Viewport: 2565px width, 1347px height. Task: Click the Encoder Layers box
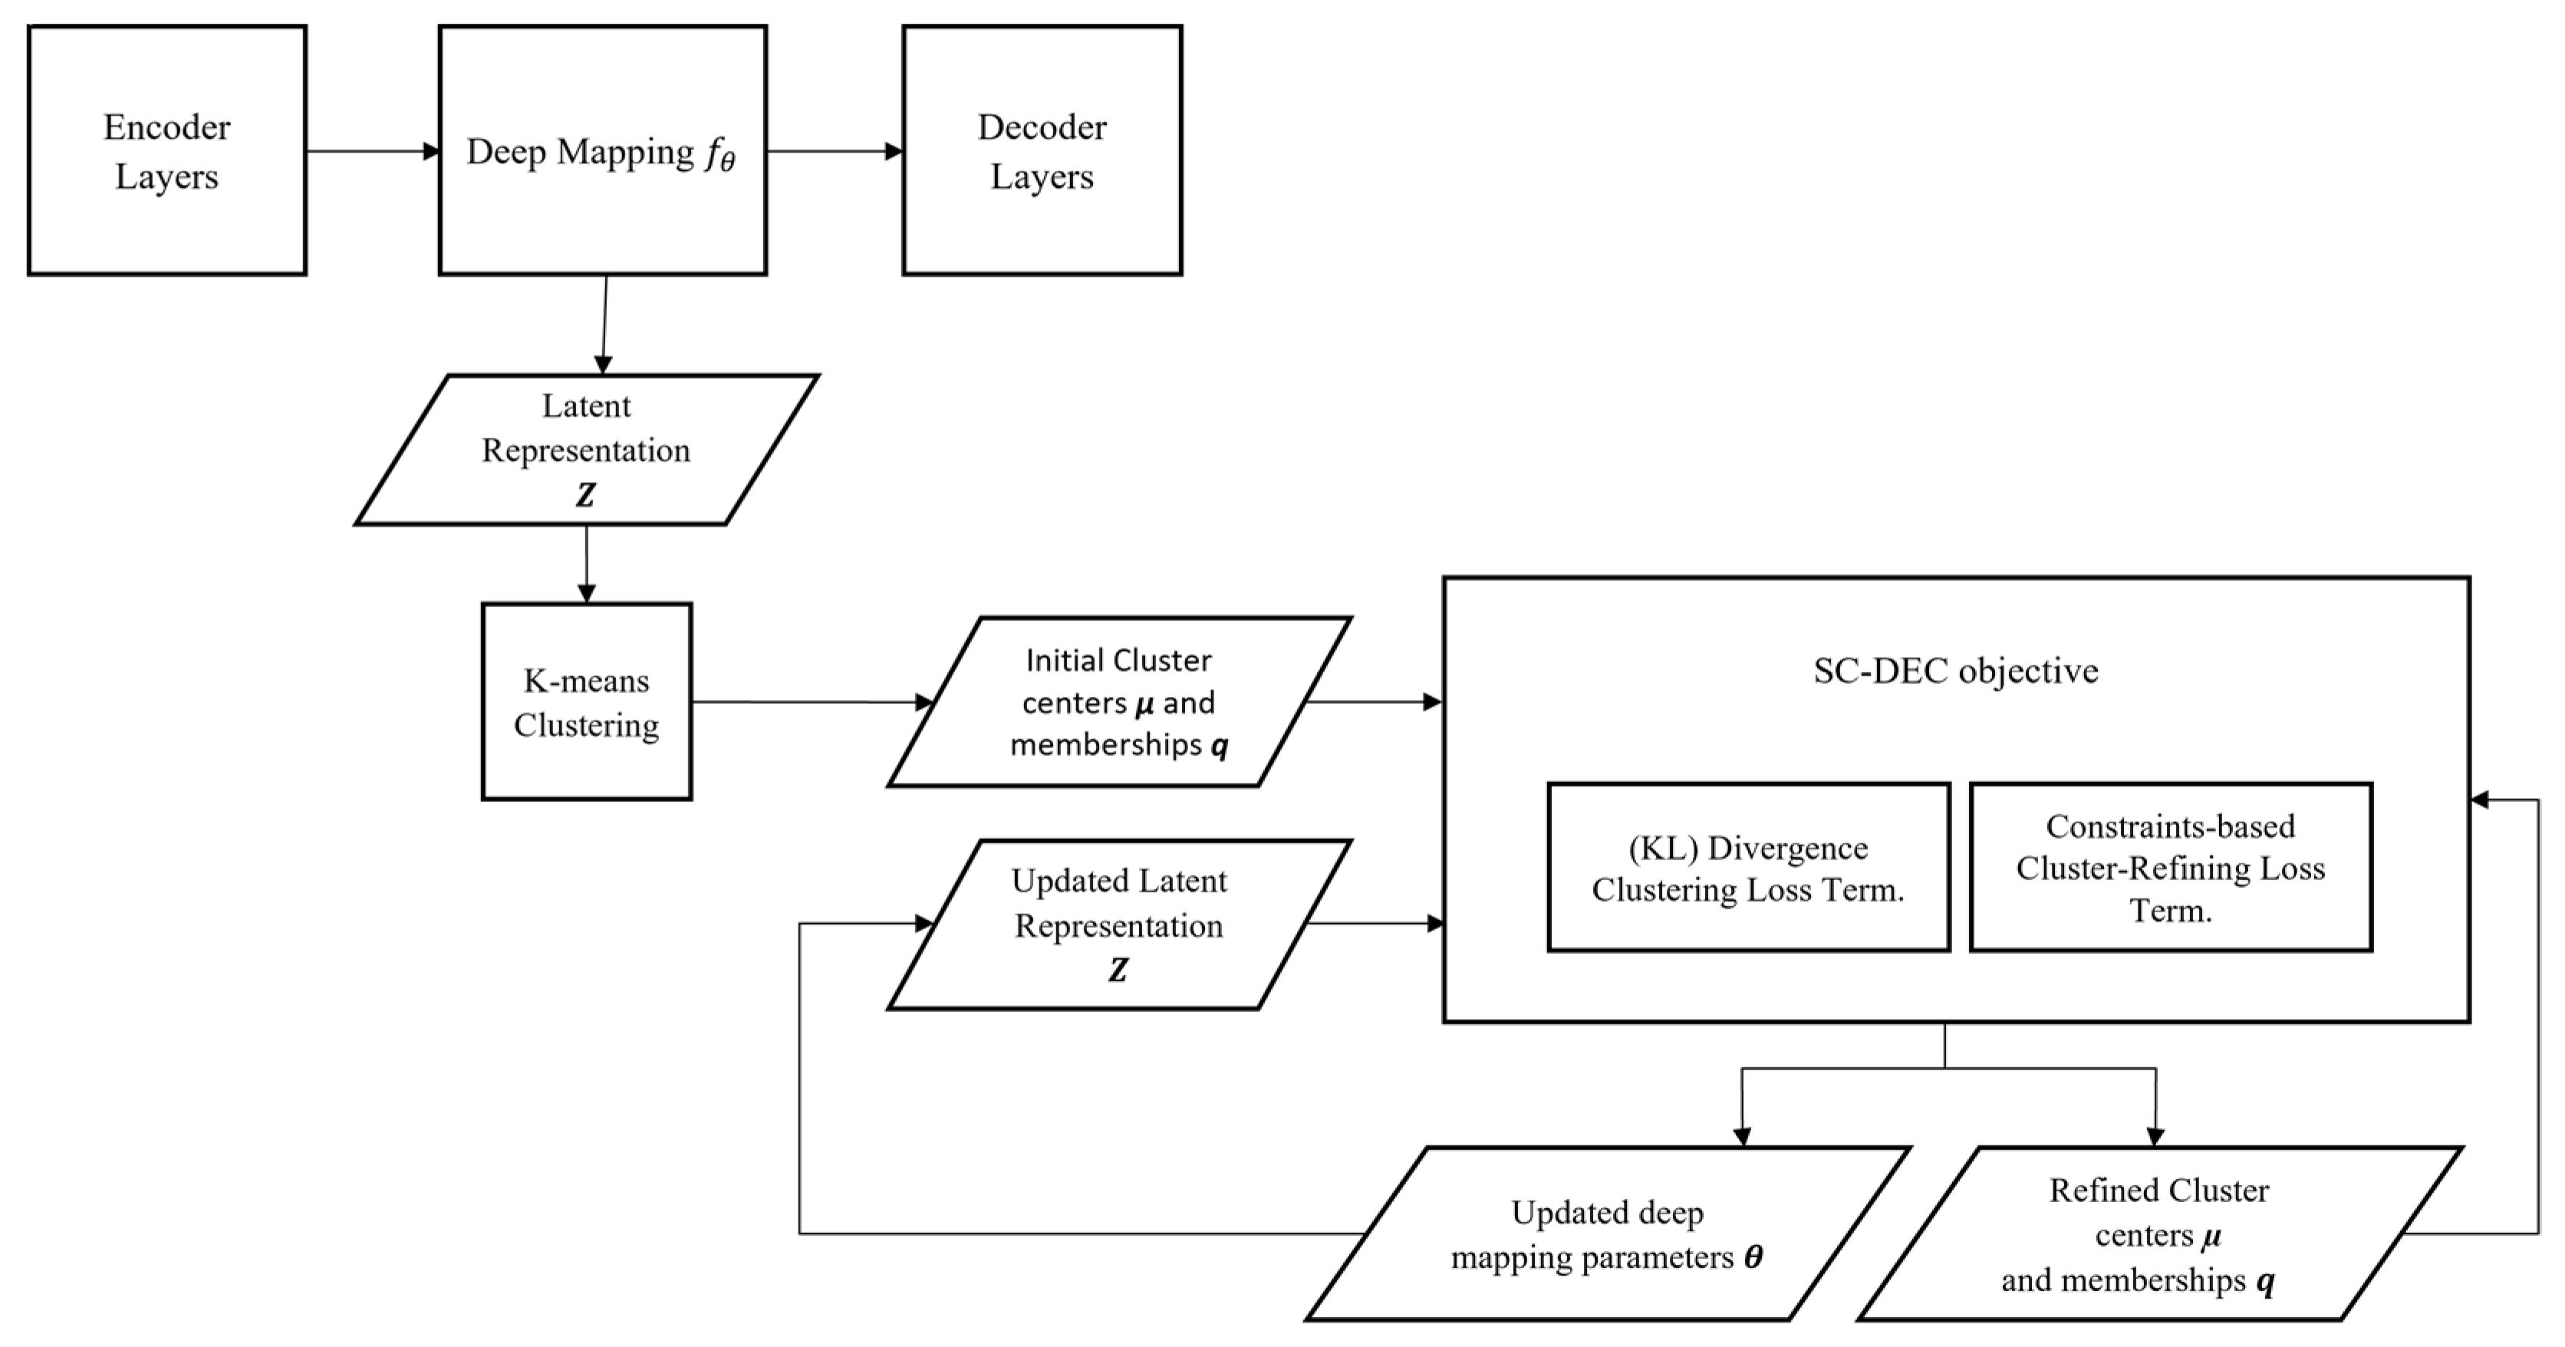(x=166, y=150)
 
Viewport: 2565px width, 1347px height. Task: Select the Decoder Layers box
(x=1042, y=150)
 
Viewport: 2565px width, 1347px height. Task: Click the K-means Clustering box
(x=587, y=702)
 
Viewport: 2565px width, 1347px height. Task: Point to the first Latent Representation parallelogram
(x=587, y=449)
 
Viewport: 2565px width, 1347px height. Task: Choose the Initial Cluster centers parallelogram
(x=1118, y=702)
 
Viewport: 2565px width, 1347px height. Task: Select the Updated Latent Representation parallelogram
(x=1118, y=924)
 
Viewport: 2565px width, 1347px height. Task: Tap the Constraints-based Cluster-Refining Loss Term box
(x=2170, y=867)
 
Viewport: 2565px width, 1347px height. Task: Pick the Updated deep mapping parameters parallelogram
(x=1606, y=1234)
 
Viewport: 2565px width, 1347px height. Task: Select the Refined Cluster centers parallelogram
(x=2158, y=1234)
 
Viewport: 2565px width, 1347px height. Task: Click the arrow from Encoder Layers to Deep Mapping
(x=373, y=151)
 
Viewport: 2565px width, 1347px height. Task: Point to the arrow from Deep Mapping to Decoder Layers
(x=835, y=151)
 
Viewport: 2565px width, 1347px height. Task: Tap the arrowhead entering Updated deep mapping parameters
(x=1741, y=1137)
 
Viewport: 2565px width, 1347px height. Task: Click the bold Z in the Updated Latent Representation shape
(x=1118, y=970)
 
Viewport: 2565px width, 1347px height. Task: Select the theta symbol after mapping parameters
(x=1753, y=1257)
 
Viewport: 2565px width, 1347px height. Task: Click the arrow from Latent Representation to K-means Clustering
(x=587, y=563)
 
